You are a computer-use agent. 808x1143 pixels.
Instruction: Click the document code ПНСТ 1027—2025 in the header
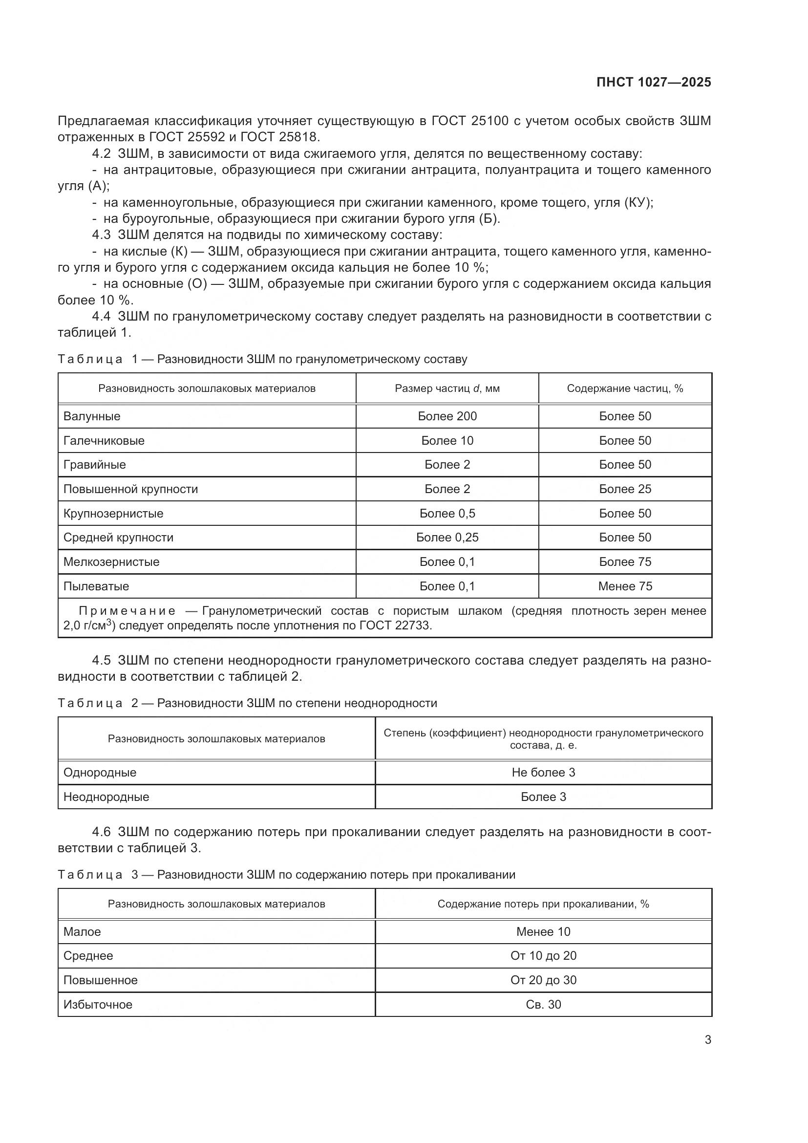(x=653, y=82)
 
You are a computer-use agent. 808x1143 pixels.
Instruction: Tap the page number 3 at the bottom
(x=707, y=1039)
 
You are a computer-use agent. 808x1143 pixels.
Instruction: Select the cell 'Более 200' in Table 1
(x=447, y=416)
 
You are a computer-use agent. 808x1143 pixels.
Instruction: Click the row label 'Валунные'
(x=92, y=416)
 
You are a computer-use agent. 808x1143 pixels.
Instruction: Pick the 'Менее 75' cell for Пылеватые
(x=625, y=586)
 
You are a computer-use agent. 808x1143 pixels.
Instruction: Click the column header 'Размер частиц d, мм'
(x=447, y=388)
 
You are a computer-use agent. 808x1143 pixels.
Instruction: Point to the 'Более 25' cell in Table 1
(x=625, y=489)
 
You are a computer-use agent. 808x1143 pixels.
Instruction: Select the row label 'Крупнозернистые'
(x=113, y=513)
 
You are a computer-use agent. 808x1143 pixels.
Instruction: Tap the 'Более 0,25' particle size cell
(x=447, y=537)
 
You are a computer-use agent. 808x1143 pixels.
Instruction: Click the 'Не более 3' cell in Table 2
(x=543, y=772)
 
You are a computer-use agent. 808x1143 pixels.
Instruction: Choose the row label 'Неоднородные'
(x=106, y=797)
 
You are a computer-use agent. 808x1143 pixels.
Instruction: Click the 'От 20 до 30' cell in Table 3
(x=543, y=980)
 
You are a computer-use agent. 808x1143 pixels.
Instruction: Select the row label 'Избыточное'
(x=98, y=1004)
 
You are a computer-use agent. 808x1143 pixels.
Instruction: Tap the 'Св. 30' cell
(x=543, y=1004)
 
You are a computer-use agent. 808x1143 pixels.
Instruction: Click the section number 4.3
(x=102, y=235)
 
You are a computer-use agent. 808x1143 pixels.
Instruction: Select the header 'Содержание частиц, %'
(x=625, y=388)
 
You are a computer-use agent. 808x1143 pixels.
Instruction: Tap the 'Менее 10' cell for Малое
(x=543, y=931)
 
